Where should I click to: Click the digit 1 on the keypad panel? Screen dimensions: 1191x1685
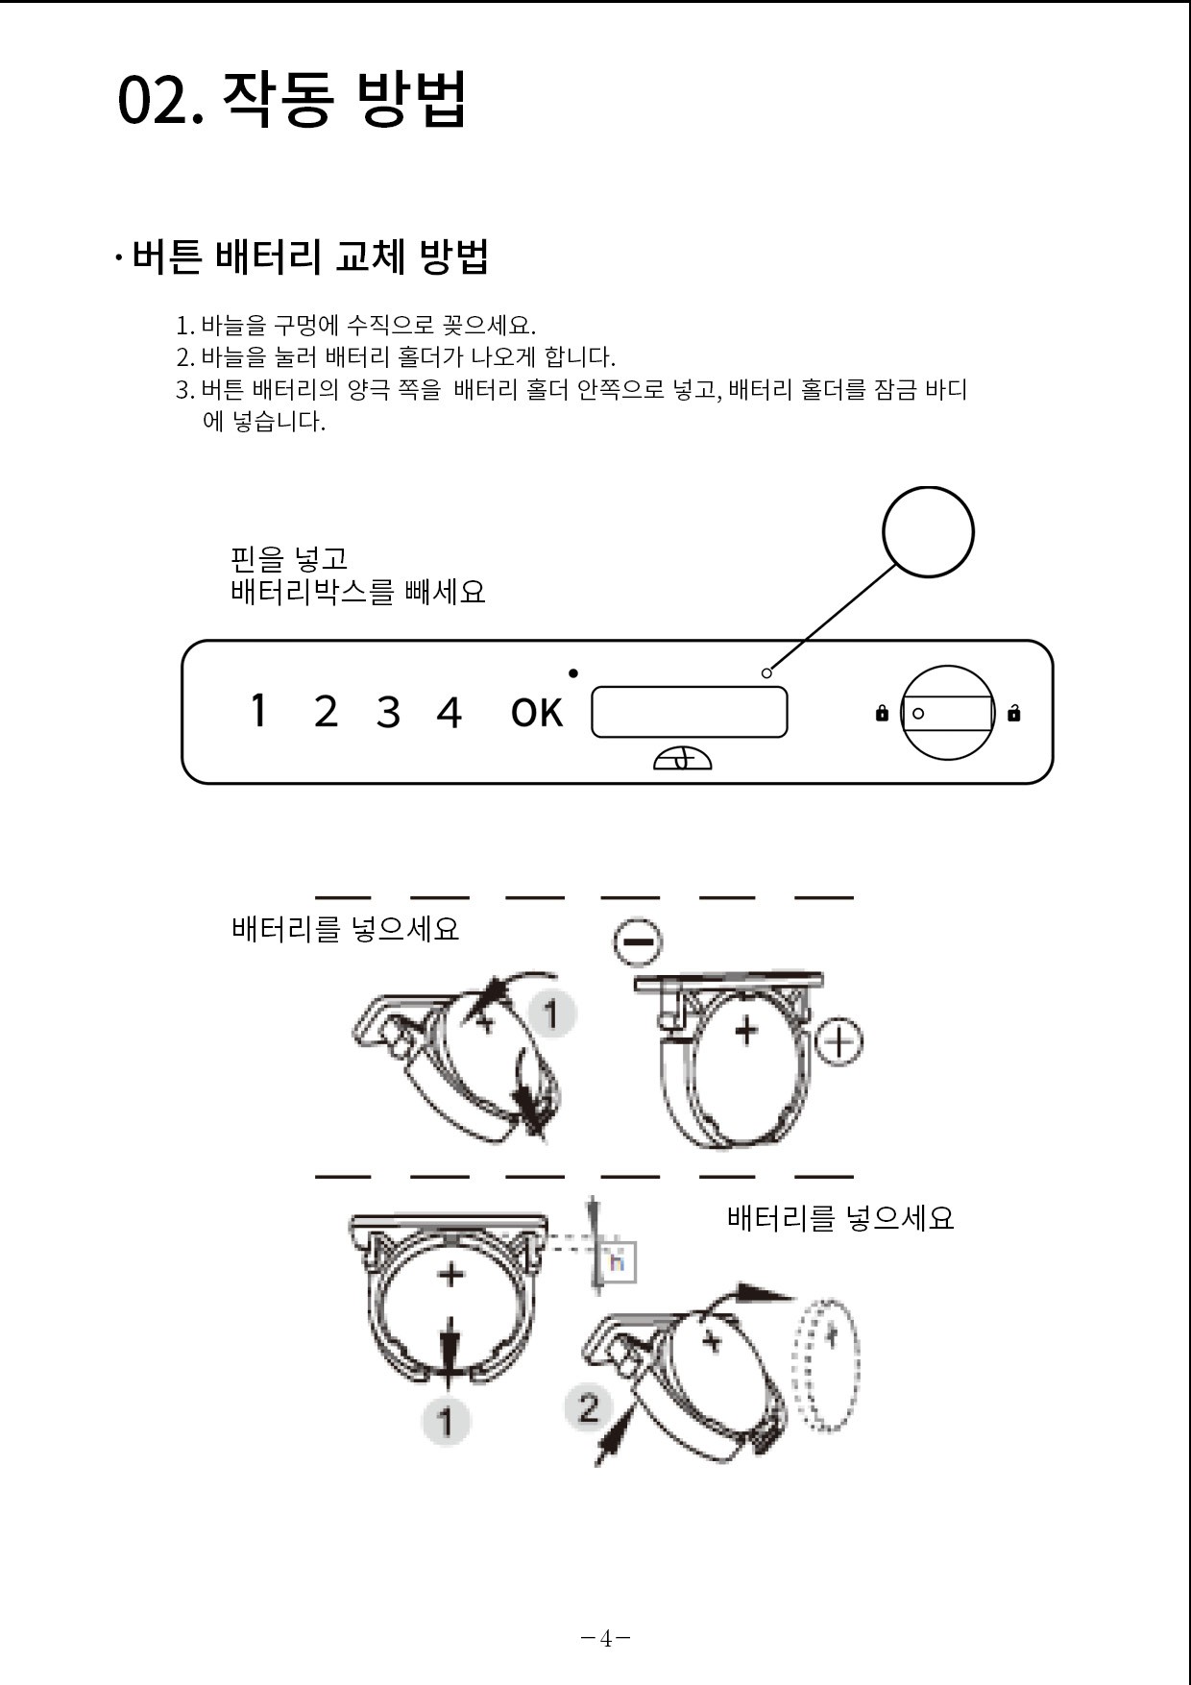[257, 711]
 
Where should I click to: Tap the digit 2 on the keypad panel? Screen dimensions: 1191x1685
[326, 712]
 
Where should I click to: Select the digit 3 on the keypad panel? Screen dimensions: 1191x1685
[388, 713]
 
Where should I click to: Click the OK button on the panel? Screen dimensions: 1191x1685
[537, 713]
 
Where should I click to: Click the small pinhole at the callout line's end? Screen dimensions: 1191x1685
[766, 672]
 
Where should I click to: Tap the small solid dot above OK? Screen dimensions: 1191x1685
[573, 672]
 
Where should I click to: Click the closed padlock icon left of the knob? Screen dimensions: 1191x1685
[882, 713]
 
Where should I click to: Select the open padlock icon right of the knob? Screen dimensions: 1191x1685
[1014, 712]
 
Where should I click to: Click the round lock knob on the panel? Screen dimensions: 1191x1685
[947, 713]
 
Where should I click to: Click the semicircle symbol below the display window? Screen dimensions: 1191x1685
[683, 759]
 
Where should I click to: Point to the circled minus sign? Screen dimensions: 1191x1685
[638, 940]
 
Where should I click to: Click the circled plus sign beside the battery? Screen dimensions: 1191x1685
[840, 1042]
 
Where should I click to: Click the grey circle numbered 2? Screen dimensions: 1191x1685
[589, 1407]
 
